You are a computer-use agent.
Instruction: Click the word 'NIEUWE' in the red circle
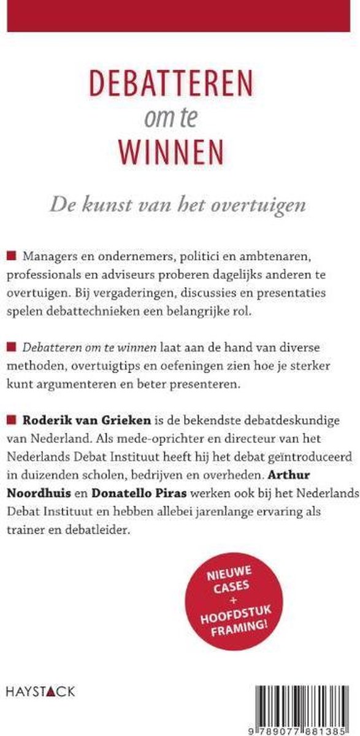(x=239, y=575)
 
